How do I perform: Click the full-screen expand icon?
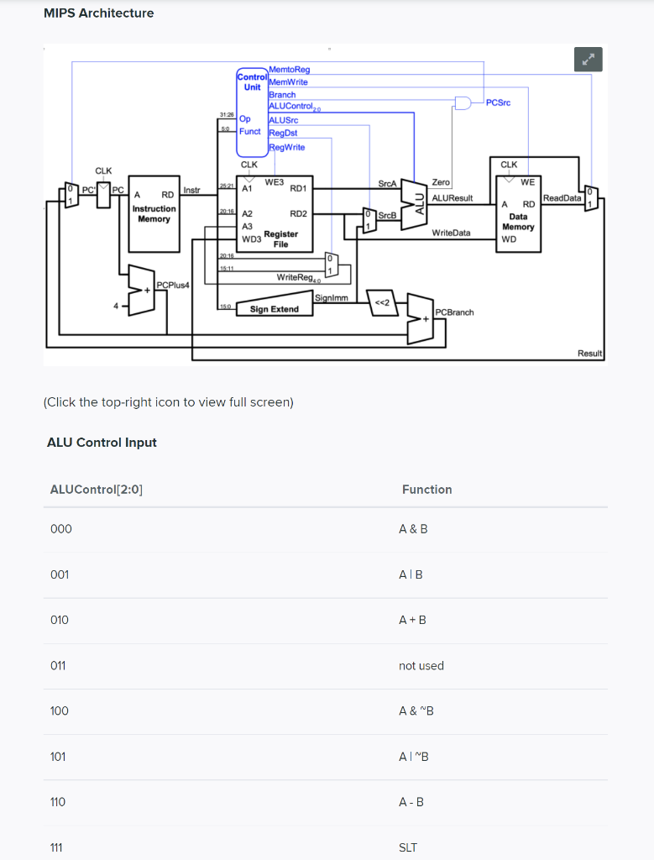click(589, 60)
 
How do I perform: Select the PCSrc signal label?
click(499, 102)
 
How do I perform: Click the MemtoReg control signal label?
click(290, 70)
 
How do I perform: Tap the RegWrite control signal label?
click(287, 147)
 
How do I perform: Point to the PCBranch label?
click(455, 312)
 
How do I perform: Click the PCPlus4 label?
click(174, 286)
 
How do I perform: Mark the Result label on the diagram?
click(590, 354)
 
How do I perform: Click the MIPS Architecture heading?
click(98, 13)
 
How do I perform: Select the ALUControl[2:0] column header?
click(97, 490)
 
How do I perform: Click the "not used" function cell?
click(421, 665)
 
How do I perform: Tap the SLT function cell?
click(408, 847)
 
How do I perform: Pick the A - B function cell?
click(411, 802)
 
